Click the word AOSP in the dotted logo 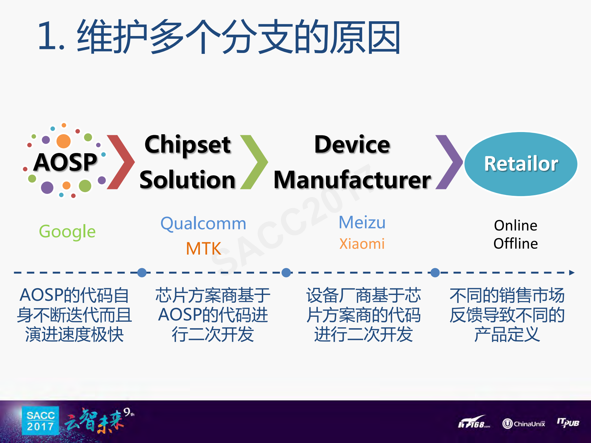(65, 162)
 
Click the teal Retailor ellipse (521, 164)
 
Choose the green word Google (67, 232)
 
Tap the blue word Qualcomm (203, 224)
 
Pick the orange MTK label (204, 248)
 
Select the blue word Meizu (362, 222)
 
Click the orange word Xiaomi (362, 244)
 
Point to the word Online (516, 226)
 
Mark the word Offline (516, 244)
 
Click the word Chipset (188, 144)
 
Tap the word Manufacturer (352, 180)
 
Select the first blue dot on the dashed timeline (142, 272)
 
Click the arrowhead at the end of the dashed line (572, 272)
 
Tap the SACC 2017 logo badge (40, 421)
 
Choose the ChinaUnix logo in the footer (524, 424)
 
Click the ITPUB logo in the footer (568, 422)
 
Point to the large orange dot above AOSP (63, 141)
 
